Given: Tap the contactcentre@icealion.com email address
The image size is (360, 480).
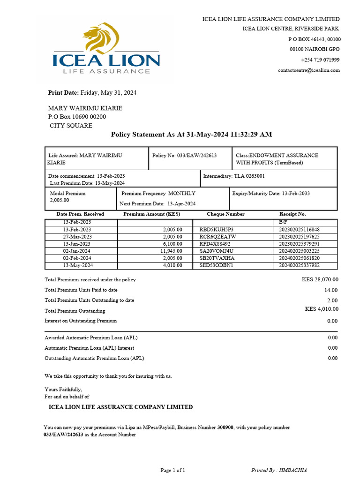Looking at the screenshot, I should pos(309,70).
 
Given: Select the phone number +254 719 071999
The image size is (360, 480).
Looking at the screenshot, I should pos(320,60).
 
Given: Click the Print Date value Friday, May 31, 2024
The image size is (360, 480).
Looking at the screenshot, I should pos(108,93).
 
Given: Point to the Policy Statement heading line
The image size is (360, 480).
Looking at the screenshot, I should pos(191,135).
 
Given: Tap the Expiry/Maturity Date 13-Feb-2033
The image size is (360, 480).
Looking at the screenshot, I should pos(271,193).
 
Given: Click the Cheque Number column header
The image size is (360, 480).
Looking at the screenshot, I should pos(225,214).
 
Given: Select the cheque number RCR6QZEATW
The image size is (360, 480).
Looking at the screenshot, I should pos(217,237).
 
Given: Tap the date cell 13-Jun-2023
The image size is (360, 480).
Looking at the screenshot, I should pos(77,244).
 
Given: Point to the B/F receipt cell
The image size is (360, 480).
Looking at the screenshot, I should pos(283,222).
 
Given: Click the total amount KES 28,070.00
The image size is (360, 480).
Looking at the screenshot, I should pos(320,279).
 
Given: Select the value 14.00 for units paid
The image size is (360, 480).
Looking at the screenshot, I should pos(330,290).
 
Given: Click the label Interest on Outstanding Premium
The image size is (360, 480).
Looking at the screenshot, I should pos(81,321).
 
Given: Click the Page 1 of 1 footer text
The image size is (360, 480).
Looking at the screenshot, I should pos(173,470).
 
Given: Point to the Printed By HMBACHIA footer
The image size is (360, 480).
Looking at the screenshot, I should pos(279,470).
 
